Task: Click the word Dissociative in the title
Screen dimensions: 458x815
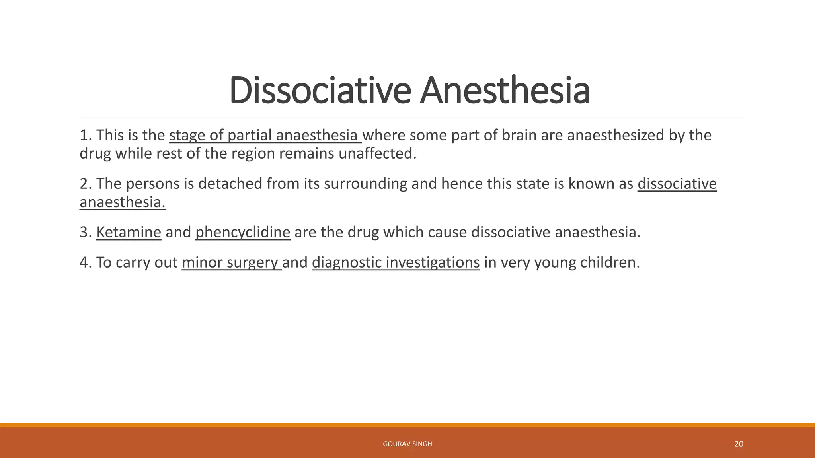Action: pyautogui.click(x=320, y=91)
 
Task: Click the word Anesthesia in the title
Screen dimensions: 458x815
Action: pyautogui.click(x=505, y=91)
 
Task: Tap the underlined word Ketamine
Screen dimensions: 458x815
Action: pyautogui.click(x=129, y=232)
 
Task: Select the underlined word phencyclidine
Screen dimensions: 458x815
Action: pyautogui.click(x=243, y=232)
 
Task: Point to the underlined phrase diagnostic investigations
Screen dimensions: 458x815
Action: pyautogui.click(x=396, y=263)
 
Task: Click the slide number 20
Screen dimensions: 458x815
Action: pyautogui.click(x=739, y=444)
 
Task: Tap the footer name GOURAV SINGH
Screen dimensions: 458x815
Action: pyautogui.click(x=407, y=444)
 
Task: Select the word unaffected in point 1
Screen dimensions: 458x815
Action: pyautogui.click(x=377, y=153)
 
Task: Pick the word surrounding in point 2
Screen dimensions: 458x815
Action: pyautogui.click(x=365, y=184)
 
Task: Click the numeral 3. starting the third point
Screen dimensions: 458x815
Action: pyautogui.click(x=86, y=232)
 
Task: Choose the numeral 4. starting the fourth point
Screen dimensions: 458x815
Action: pyautogui.click(x=86, y=263)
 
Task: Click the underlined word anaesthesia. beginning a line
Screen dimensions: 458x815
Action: pyautogui.click(x=122, y=202)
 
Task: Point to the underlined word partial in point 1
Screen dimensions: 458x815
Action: pyautogui.click(x=250, y=136)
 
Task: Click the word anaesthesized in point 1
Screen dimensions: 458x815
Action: pyautogui.click(x=615, y=136)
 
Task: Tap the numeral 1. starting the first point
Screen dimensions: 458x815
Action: pyautogui.click(x=86, y=136)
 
